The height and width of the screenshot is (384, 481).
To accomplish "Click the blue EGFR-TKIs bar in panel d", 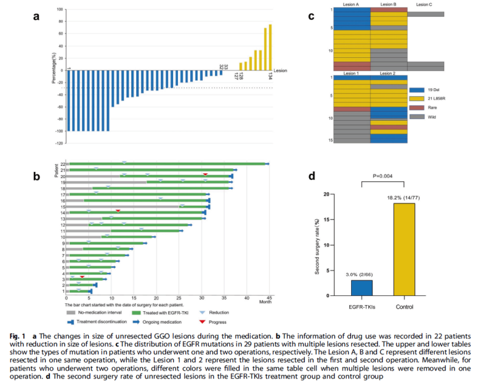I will [362, 288].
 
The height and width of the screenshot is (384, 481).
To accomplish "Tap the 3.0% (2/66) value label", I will [362, 274].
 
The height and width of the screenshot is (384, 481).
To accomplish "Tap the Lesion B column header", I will [388, 5].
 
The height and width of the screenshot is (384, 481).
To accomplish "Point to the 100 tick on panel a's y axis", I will [59, 10].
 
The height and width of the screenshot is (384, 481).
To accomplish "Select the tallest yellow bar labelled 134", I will [270, 47].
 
